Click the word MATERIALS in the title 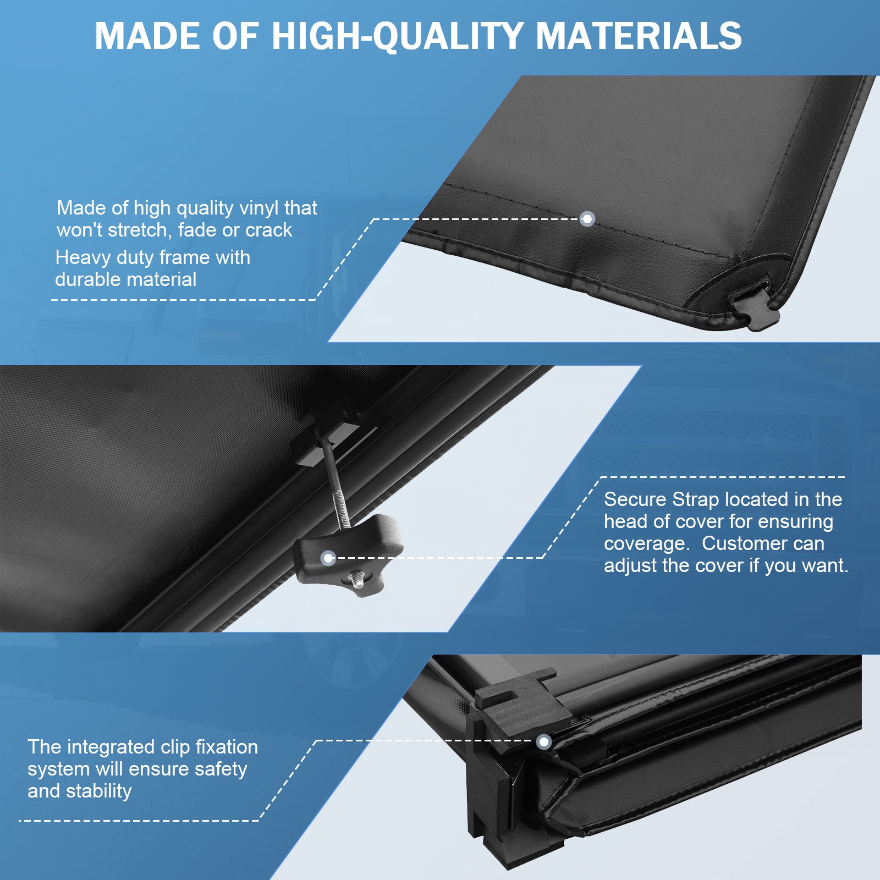click(639, 36)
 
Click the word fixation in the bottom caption click(227, 747)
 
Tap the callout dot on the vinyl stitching click(587, 219)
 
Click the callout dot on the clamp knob click(328, 558)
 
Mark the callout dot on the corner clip click(544, 742)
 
